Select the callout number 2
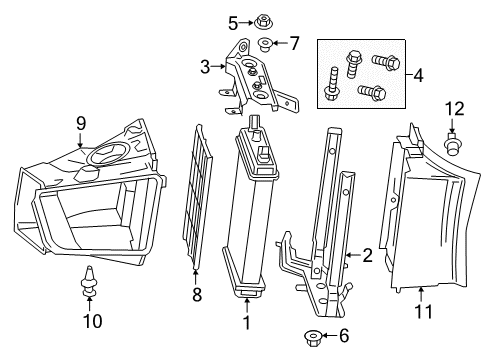click(367, 256)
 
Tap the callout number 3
click(205, 66)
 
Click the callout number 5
click(233, 22)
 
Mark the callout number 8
click(196, 295)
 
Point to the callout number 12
click(452, 107)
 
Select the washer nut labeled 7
click(265, 42)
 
